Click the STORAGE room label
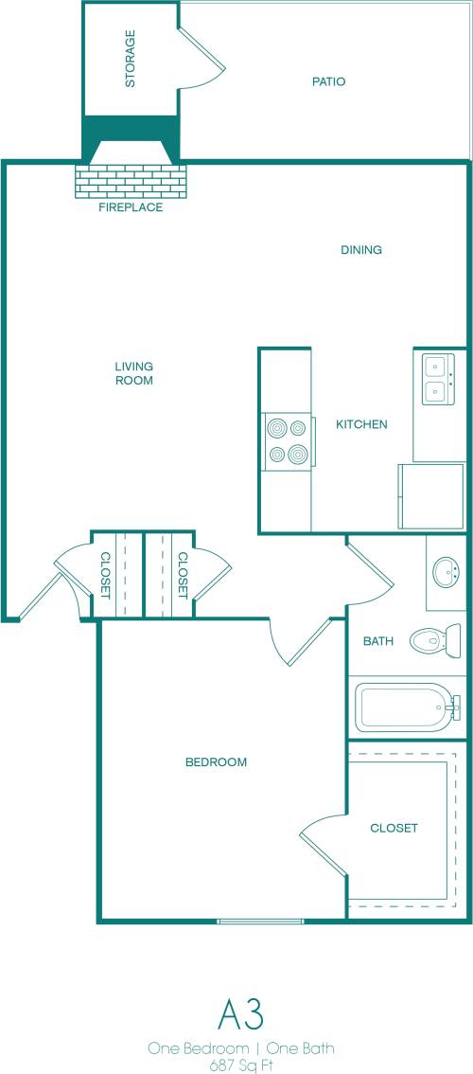(131, 59)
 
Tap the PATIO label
(328, 81)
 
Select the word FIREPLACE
(131, 207)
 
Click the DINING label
(360, 250)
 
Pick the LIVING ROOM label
(133, 373)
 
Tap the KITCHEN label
(361, 424)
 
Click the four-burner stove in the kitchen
(288, 441)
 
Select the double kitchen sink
(435, 379)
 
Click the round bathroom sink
(446, 572)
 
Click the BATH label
(377, 641)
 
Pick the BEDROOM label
(216, 762)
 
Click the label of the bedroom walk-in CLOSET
(394, 828)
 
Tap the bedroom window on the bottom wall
(260, 922)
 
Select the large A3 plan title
(240, 1014)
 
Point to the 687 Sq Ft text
(240, 1064)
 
